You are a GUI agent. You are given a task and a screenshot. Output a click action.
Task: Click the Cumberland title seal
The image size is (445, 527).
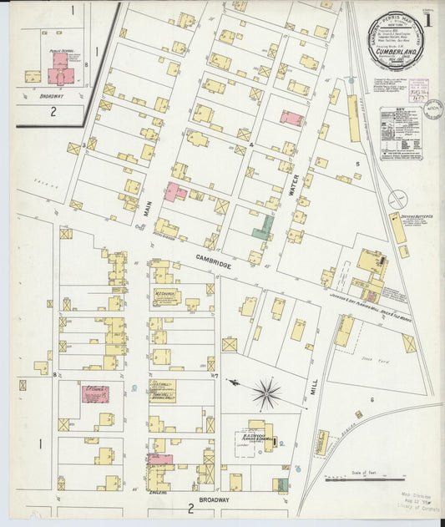click(x=397, y=41)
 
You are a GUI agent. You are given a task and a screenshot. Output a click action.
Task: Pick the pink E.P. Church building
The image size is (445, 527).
click(x=94, y=393)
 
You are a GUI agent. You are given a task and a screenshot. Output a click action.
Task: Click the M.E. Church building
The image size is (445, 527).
click(x=165, y=297)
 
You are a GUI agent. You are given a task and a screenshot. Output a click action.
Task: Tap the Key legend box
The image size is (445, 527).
click(x=401, y=133)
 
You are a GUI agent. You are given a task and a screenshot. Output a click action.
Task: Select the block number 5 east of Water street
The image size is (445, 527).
click(x=357, y=164)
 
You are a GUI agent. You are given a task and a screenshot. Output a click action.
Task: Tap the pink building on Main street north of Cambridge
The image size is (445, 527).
click(x=174, y=191)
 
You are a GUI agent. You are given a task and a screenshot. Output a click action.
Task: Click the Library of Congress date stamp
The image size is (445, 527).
click(x=417, y=506)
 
